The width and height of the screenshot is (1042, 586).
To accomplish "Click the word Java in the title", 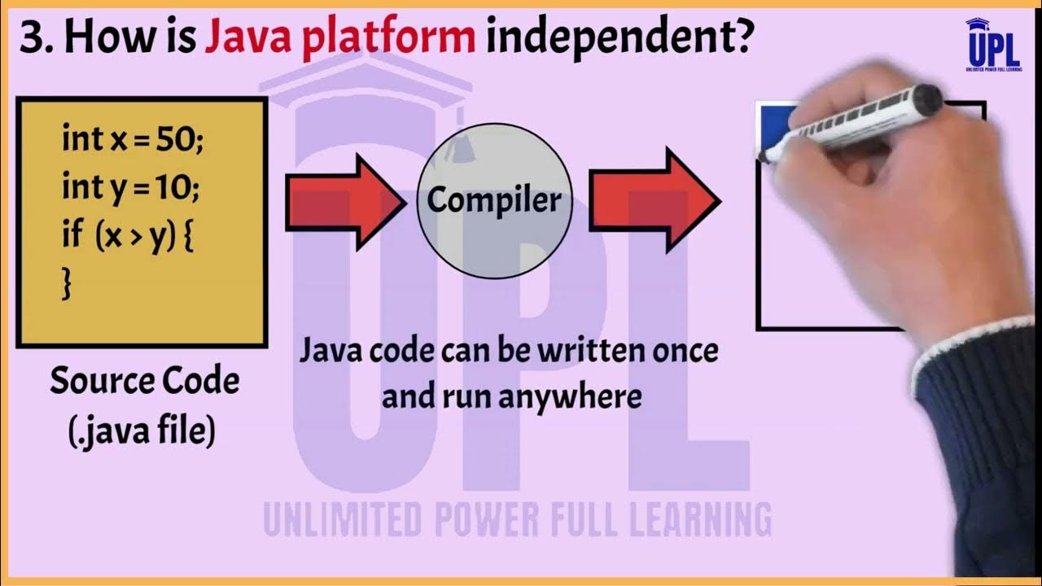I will (x=247, y=37).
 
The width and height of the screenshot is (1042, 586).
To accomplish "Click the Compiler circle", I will (x=494, y=200).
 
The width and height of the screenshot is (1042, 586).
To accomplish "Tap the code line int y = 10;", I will (x=130, y=188).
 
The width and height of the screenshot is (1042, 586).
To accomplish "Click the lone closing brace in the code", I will (x=67, y=284).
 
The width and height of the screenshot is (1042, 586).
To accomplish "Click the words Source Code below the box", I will (x=145, y=381).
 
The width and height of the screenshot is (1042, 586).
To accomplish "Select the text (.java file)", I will (x=142, y=431).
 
